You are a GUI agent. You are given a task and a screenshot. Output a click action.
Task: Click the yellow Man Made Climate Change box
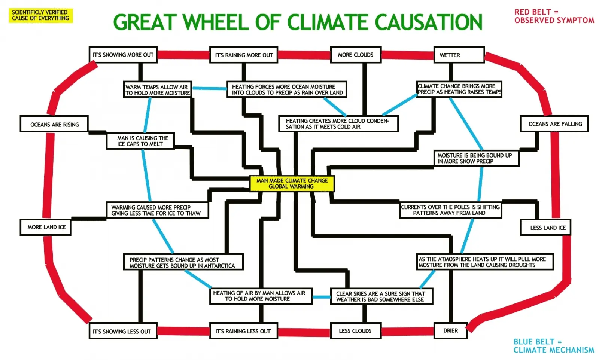tap(292, 184)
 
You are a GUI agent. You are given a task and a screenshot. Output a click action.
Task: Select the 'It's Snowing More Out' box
tap(123, 55)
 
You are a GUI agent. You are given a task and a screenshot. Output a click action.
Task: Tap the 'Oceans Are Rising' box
tap(54, 124)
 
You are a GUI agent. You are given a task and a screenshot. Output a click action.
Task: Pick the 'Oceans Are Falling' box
tap(554, 124)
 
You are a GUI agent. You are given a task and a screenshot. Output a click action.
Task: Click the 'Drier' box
tap(450, 331)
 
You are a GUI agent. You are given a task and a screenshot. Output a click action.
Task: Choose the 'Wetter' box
tap(459, 55)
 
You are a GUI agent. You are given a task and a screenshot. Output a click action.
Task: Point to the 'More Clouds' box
tap(355, 55)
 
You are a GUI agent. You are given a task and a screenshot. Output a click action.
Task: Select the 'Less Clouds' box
tap(355, 331)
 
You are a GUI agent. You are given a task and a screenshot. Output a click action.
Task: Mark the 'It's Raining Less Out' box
tap(243, 331)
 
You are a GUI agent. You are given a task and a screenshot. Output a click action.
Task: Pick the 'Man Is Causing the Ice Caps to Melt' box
tap(140, 141)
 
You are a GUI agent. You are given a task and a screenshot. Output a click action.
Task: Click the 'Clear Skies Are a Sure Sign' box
tap(381, 296)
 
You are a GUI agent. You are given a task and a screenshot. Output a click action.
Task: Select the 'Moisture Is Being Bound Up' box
tap(476, 158)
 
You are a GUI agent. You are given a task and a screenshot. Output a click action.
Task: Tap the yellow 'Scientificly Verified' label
tap(40, 15)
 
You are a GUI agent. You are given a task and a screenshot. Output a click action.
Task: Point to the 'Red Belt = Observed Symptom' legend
tap(554, 16)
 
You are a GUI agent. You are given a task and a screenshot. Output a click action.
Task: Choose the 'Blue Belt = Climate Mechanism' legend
tap(553, 346)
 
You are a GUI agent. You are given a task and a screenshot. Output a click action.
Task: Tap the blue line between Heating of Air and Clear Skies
tap(322, 297)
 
